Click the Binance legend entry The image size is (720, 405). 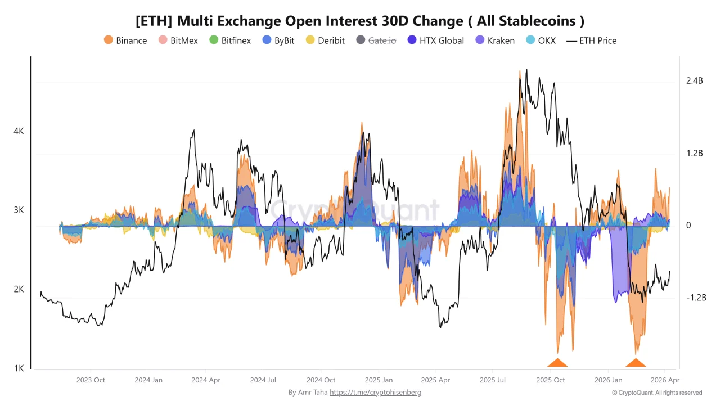tap(125, 40)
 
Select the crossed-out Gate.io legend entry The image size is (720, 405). tap(376, 40)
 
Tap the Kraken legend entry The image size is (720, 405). tap(495, 40)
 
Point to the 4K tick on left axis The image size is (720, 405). tap(19, 131)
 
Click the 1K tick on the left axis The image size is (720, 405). tap(19, 368)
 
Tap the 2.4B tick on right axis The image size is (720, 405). tap(695, 81)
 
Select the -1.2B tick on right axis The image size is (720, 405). tap(696, 298)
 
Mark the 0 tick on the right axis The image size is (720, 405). tap(688, 226)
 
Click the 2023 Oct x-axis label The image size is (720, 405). tap(91, 380)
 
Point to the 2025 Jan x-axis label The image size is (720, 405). tap(379, 380)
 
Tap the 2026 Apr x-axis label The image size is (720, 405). tap(665, 380)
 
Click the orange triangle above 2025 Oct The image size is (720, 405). tap(557, 363)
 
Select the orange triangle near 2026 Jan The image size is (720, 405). tap(636, 363)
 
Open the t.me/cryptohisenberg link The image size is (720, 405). tap(375, 392)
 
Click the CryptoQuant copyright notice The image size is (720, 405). tap(656, 393)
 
